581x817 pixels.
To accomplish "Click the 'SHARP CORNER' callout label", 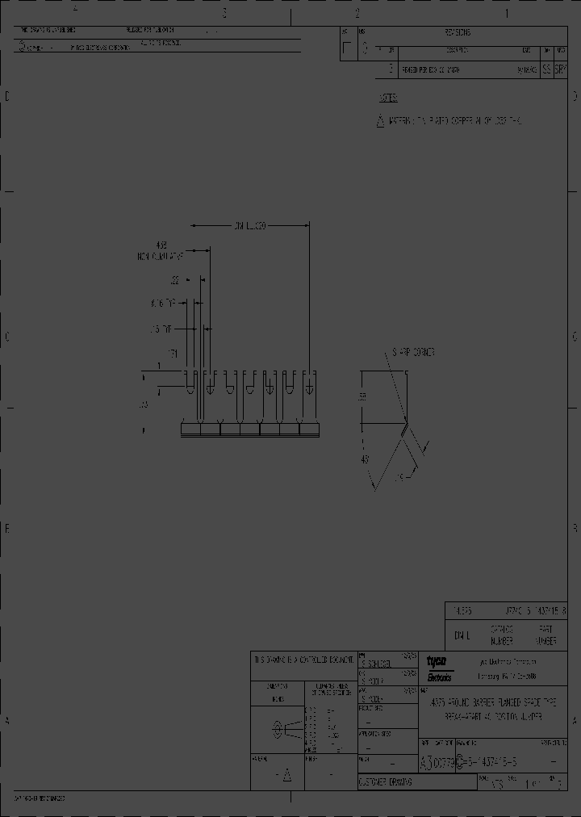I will (413, 352).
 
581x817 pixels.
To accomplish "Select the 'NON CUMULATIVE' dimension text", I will (161, 256).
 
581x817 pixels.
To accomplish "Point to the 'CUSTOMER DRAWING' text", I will (385, 782).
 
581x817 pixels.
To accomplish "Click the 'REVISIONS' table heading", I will (457, 33).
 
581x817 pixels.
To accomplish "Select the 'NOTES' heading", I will (388, 98).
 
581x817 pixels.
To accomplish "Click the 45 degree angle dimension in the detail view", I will (365, 459).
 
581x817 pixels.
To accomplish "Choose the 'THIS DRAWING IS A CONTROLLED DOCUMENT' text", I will (303, 660).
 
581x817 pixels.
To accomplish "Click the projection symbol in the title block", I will (278, 731).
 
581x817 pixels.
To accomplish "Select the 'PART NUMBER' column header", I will (546, 635).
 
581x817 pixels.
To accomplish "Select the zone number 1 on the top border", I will (506, 13).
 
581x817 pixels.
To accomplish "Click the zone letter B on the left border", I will (8, 529).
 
